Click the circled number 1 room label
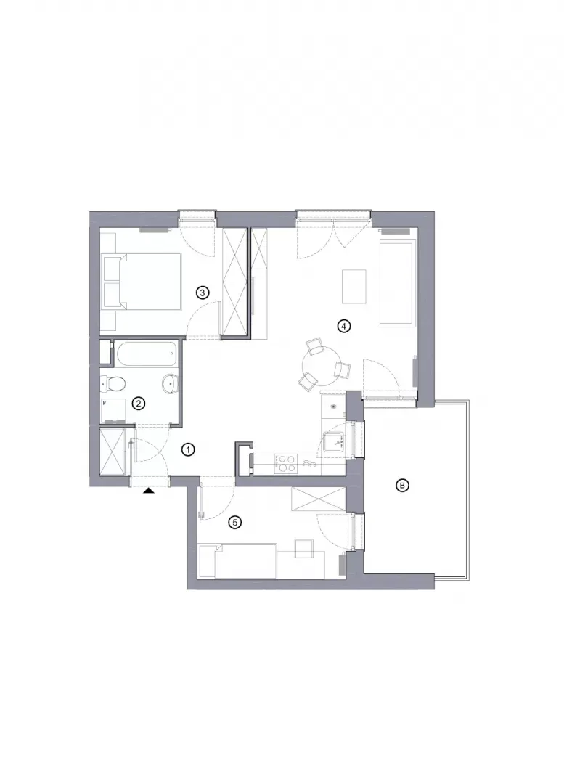[x=187, y=450]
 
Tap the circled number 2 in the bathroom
[x=138, y=403]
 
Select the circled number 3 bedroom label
[x=202, y=293]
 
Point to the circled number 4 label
[x=343, y=327]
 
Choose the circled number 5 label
[x=234, y=523]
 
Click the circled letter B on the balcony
[x=402, y=485]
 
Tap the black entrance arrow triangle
[x=149, y=491]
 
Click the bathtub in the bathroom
[x=146, y=353]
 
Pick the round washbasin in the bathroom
[x=171, y=383]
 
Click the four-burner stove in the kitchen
[x=285, y=463]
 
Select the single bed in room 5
[x=238, y=561]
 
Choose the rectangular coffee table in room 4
[x=354, y=287]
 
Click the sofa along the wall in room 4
[x=398, y=283]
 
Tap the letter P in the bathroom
[x=105, y=401]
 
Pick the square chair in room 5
[x=304, y=549]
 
